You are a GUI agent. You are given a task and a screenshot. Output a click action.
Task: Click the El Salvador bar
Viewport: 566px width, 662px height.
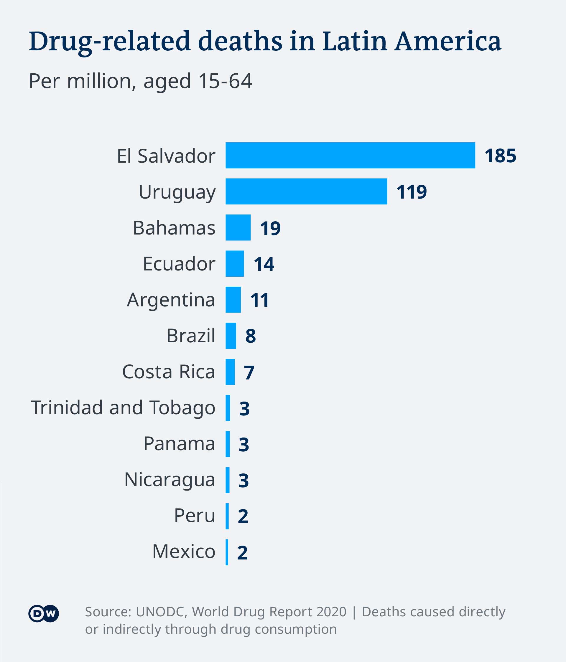350,155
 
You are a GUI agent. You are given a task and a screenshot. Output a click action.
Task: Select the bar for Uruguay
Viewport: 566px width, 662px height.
306,191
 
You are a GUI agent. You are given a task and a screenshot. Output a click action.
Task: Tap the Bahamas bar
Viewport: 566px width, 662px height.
238,227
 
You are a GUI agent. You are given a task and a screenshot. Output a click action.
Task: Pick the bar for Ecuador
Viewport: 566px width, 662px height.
235,264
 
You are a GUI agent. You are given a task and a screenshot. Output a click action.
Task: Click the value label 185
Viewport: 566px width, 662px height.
500,156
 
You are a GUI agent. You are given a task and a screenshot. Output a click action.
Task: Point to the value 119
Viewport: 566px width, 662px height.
411,192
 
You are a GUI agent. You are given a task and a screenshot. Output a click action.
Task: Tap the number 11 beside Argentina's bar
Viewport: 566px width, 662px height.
259,300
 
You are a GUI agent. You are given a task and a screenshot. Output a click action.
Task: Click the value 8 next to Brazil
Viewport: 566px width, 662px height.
250,336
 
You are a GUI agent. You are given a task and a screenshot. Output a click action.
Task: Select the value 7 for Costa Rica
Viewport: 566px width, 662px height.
249,372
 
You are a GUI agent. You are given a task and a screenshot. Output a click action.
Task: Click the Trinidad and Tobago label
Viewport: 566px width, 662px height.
123,408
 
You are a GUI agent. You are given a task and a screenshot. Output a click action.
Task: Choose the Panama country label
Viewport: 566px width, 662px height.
179,444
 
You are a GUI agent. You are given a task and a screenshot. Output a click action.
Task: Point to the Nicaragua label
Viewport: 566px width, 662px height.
170,480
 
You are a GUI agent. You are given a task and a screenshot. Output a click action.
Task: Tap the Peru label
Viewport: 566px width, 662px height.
195,516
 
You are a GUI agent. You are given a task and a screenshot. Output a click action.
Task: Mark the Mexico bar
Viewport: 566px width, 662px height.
227,552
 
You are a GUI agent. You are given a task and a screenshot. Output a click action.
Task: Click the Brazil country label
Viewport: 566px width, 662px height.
191,336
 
